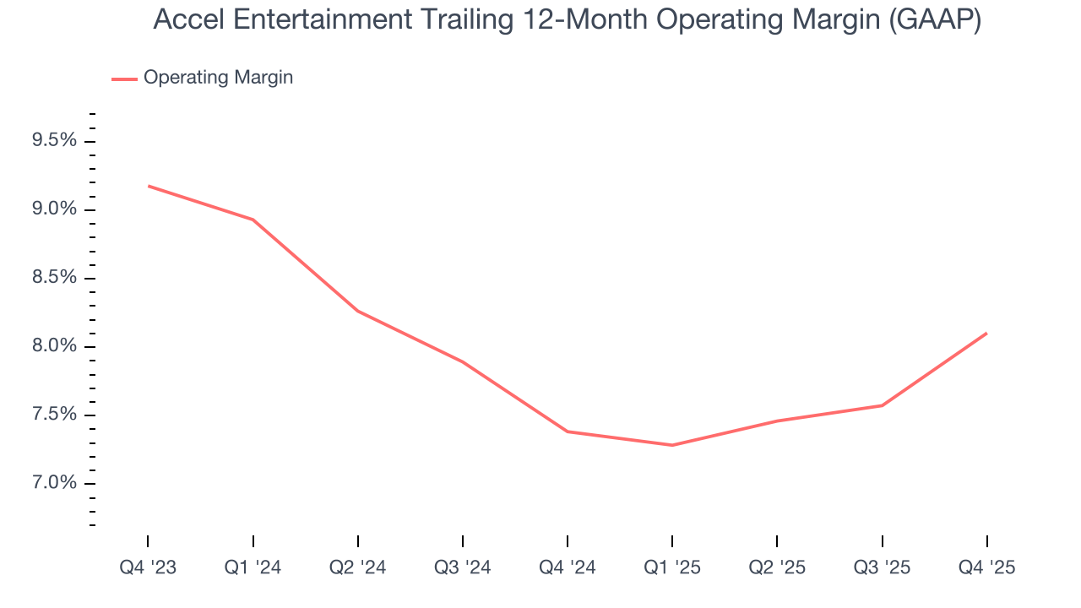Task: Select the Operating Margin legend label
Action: coord(218,78)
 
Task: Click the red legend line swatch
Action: coord(124,79)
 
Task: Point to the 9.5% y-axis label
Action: coord(54,141)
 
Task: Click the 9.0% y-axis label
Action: coord(54,209)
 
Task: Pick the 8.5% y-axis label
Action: coord(54,278)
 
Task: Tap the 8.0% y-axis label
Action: coord(54,346)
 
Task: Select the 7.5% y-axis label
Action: coord(54,415)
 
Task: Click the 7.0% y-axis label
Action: coord(54,483)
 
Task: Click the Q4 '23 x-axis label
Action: coord(148,567)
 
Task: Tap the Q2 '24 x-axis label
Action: coord(358,567)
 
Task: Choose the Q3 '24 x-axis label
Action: coord(463,567)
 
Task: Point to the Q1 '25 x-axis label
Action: coord(672,567)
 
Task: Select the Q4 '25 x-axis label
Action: coord(986,567)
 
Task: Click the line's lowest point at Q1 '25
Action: coord(672,445)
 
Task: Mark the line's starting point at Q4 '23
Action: coord(149,186)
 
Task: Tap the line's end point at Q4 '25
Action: coord(986,334)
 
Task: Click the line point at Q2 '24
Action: coord(358,311)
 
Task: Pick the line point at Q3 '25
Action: coord(882,405)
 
